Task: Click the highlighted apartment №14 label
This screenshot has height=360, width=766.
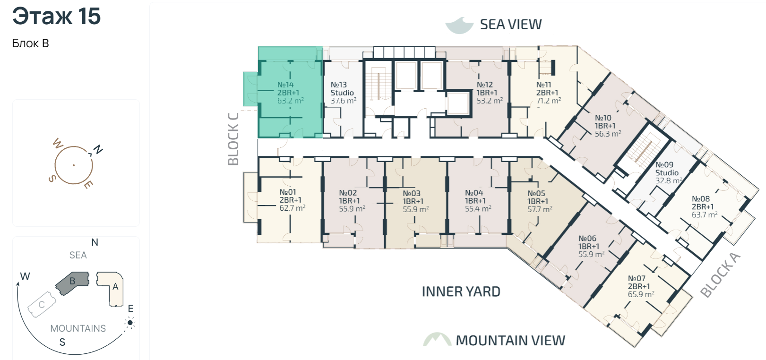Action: (290, 93)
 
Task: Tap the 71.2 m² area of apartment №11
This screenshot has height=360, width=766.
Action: (549, 101)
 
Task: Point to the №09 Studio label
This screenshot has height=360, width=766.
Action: (669, 172)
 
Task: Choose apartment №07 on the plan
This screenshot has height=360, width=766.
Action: (641, 286)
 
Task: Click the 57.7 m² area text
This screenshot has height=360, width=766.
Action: (540, 209)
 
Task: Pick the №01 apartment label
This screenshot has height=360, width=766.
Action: (292, 200)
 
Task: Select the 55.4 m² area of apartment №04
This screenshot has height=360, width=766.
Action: (478, 208)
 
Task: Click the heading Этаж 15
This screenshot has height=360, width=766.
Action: (56, 17)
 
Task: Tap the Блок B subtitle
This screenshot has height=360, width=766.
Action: (30, 43)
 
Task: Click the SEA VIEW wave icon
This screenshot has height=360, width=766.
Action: (459, 26)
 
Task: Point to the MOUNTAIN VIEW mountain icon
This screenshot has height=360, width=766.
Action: (438, 339)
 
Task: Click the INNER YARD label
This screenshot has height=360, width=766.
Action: (461, 291)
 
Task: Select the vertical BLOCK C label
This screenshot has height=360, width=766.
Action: (233, 139)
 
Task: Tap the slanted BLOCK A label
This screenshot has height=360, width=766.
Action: (721, 275)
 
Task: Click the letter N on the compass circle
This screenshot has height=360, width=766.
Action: (98, 149)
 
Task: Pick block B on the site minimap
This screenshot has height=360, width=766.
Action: (72, 283)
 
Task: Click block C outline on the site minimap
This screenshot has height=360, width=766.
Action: (42, 304)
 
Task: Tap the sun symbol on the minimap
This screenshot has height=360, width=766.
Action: (130, 323)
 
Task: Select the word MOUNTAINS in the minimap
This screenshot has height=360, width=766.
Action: (78, 328)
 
